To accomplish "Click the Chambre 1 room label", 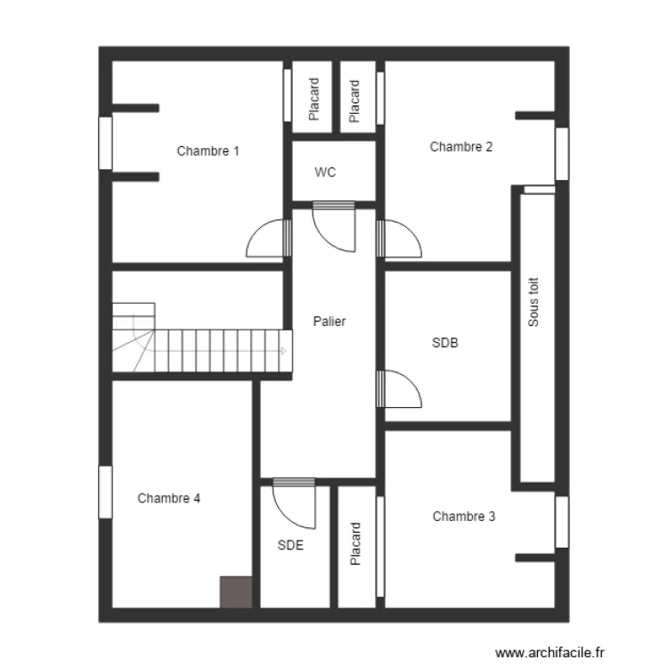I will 208,151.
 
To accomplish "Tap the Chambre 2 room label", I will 460,147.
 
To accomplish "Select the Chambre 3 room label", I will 463,516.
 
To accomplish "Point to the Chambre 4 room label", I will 168,498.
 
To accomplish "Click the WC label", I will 325,173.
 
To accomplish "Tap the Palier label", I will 329,322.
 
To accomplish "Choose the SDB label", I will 444,342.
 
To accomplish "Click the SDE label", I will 290,546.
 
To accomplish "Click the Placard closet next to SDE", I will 355,544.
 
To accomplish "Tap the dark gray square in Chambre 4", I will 236,592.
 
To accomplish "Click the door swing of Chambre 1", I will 267,239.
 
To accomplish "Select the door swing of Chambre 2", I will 400,239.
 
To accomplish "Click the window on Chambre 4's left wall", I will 104,492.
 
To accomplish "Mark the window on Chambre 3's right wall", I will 561,522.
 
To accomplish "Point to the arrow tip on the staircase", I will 283,351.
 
